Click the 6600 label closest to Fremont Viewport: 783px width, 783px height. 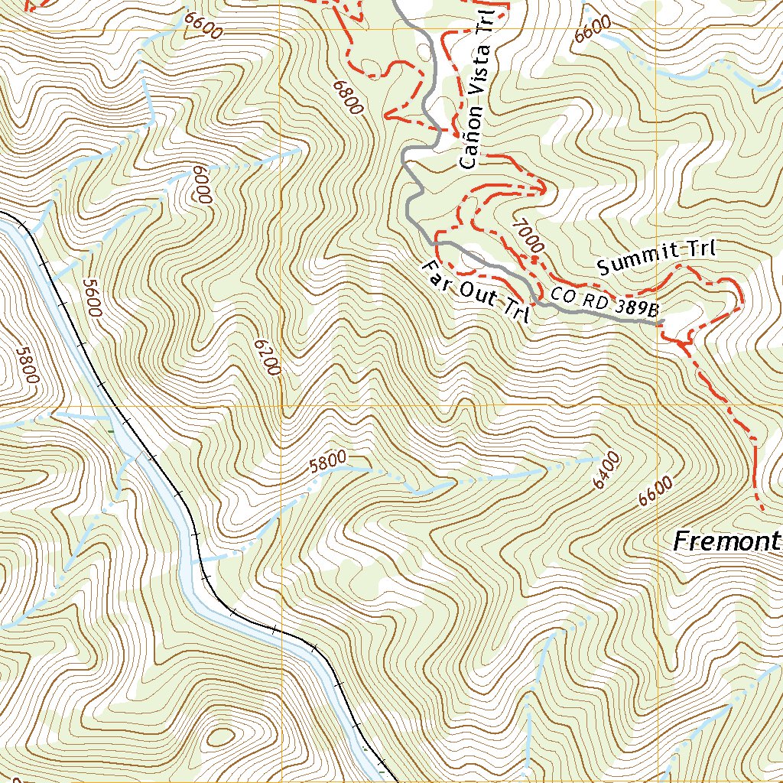coord(656,489)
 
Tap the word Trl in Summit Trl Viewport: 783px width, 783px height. coord(700,249)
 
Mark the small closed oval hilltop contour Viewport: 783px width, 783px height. coord(219,738)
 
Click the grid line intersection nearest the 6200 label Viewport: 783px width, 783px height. coord(281,405)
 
